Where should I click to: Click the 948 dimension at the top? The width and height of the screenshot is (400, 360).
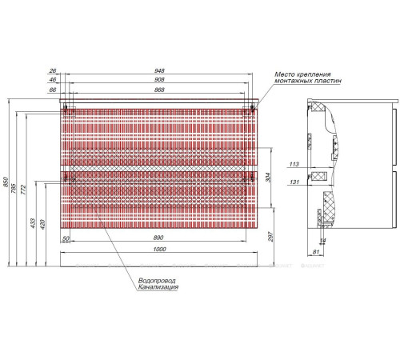(x=161, y=70)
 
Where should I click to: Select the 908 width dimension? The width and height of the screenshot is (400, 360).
(x=161, y=81)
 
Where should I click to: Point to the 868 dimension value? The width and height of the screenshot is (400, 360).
(x=161, y=92)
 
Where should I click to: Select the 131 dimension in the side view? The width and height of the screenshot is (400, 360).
(x=294, y=182)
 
